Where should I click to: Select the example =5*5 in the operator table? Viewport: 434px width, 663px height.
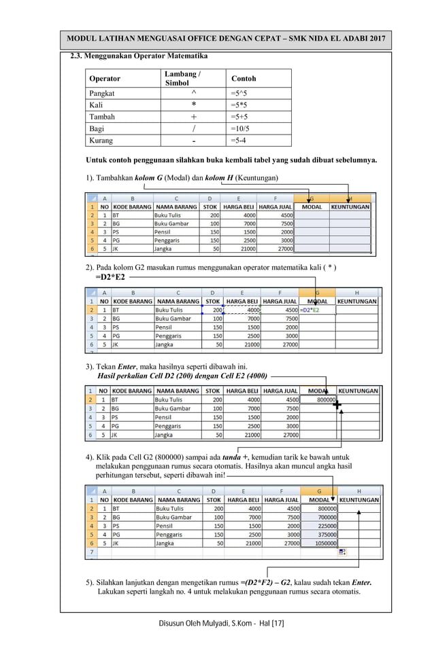tap(239, 105)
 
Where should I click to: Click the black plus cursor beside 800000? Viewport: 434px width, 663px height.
tap(337, 406)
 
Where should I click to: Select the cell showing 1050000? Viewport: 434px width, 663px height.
tap(319, 543)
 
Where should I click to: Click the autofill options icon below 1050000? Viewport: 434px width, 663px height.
tap(342, 552)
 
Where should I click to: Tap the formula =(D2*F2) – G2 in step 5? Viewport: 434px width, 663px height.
tap(266, 582)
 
